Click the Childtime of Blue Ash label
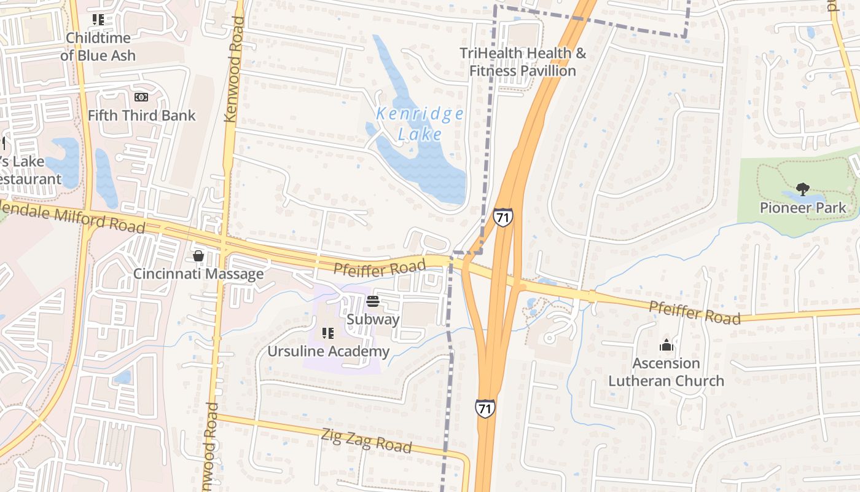98,47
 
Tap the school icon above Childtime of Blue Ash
98,20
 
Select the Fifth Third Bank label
141,115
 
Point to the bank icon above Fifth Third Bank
141,97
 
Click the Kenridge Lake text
420,124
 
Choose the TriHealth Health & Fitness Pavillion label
523,62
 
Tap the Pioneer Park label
802,208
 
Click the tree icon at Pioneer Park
802,189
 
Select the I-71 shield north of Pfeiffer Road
502,217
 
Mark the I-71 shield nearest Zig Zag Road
485,408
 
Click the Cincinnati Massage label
198,274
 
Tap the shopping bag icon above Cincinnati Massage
198,256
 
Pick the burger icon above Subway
373,301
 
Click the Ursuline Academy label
328,351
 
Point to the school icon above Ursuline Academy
328,333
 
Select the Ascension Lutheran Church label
666,372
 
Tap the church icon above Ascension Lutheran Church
666,346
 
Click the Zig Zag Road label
366,440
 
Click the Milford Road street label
80,218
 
